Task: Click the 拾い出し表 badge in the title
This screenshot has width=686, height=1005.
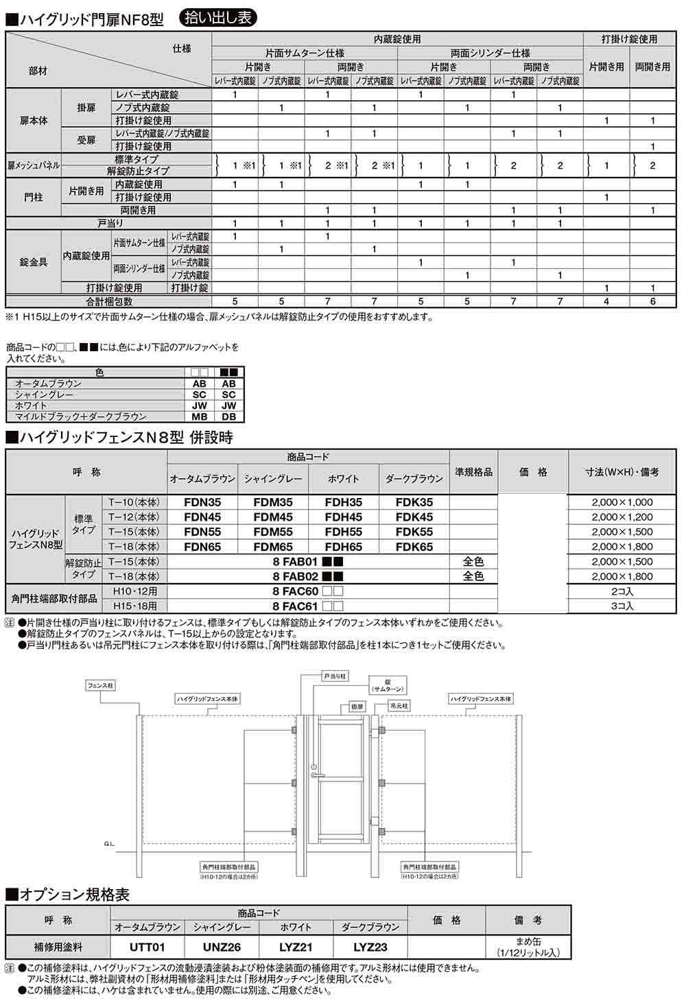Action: click(x=217, y=17)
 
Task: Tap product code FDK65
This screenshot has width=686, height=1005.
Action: click(x=414, y=547)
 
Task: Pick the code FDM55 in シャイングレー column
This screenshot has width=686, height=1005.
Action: click(x=273, y=532)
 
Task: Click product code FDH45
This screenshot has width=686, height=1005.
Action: click(x=343, y=517)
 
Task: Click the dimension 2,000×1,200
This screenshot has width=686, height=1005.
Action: click(x=622, y=517)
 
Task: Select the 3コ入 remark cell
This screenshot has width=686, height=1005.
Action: click(x=622, y=606)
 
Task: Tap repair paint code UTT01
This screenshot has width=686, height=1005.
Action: click(x=148, y=947)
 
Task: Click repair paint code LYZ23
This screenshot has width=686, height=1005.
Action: click(x=370, y=947)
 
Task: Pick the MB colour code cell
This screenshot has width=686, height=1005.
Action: click(x=199, y=416)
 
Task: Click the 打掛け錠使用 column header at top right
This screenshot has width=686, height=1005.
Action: click(x=629, y=39)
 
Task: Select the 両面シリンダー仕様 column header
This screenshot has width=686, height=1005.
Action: click(x=490, y=53)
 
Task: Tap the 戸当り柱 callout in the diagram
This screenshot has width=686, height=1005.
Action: click(x=335, y=676)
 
